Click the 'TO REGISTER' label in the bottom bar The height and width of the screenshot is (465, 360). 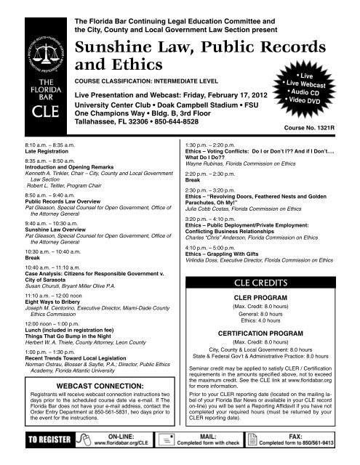[x=44, y=440]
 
